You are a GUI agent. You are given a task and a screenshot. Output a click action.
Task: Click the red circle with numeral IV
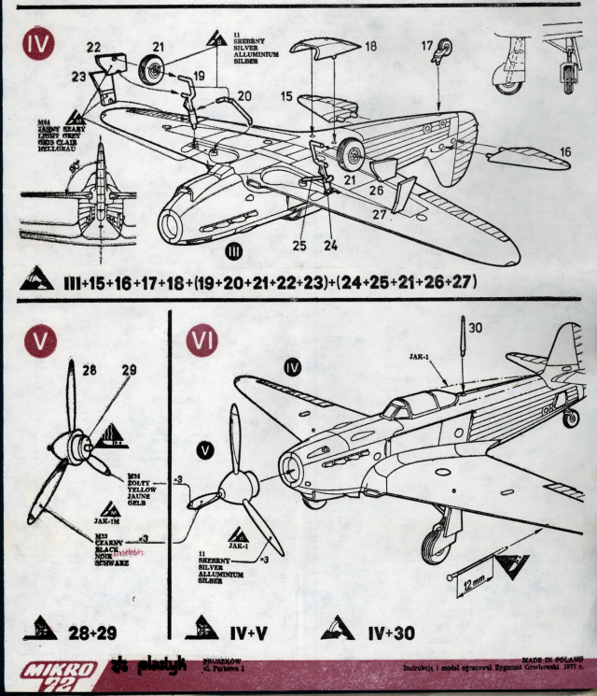tap(39, 44)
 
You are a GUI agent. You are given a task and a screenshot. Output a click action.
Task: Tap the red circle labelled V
tap(39, 342)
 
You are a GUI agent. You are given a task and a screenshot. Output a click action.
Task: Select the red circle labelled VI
tap(202, 342)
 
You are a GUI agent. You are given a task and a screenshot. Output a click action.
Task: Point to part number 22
tap(94, 47)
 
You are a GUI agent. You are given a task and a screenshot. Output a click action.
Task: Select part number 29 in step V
tap(129, 371)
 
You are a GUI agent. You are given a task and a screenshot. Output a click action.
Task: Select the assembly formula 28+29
tap(93, 632)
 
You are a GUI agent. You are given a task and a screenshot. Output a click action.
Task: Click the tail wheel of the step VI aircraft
tap(572, 419)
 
